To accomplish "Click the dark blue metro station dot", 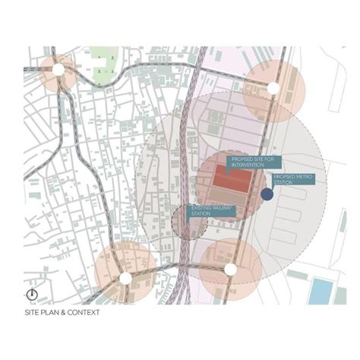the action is [x=267, y=194].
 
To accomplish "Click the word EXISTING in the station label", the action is [x=200, y=207].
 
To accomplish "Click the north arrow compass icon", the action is [x=33, y=295].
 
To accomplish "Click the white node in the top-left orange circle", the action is [x=58, y=70].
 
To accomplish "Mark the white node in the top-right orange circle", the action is [x=273, y=87].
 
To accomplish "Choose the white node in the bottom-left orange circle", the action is [x=125, y=278].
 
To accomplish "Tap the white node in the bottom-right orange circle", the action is [x=230, y=269].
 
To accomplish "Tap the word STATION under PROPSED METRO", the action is [x=283, y=182].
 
